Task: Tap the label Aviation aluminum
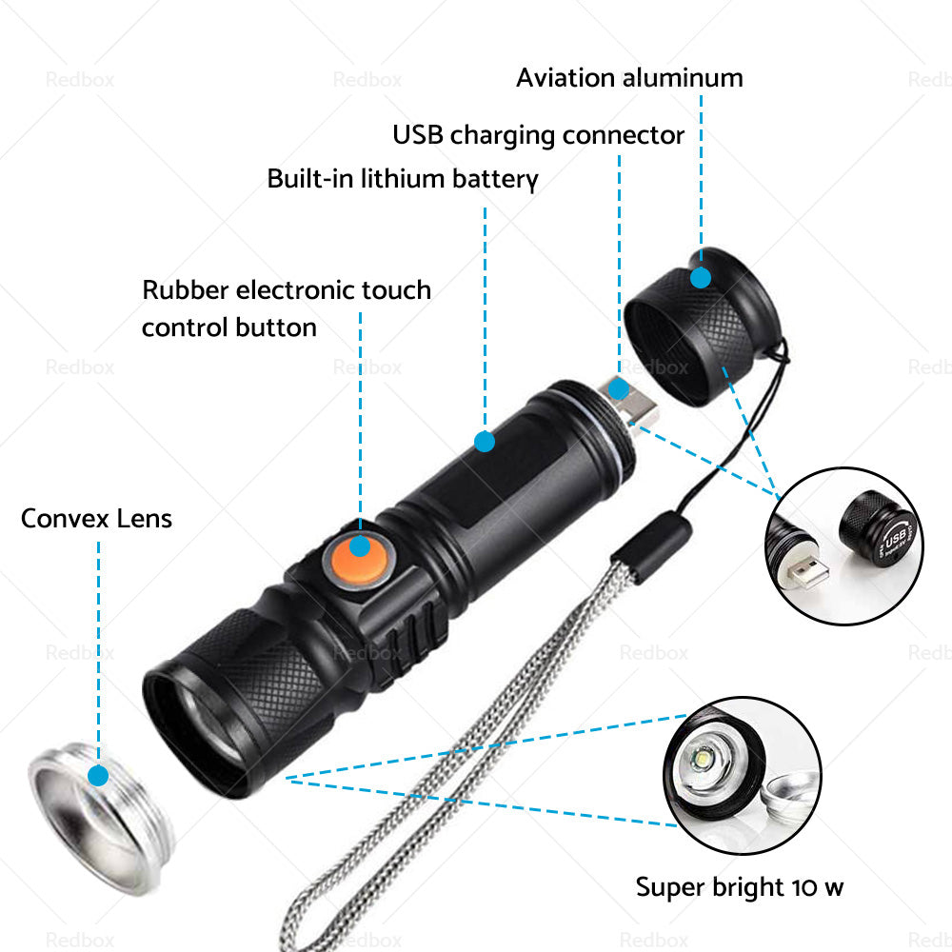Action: pos(629,78)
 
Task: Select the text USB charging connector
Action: pos(538,135)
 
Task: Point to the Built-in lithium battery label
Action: pos(402,179)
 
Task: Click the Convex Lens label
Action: pos(96,519)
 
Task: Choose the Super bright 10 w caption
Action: pos(739,887)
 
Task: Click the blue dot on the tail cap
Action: pos(701,278)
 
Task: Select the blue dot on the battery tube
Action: pos(485,441)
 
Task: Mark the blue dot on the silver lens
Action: pos(97,776)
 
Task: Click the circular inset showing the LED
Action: pos(742,774)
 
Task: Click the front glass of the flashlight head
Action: pos(205,724)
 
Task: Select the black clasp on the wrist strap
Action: pos(651,551)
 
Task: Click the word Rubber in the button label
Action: pos(186,289)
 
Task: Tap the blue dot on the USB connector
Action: pos(620,388)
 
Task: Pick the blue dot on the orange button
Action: pos(359,545)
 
